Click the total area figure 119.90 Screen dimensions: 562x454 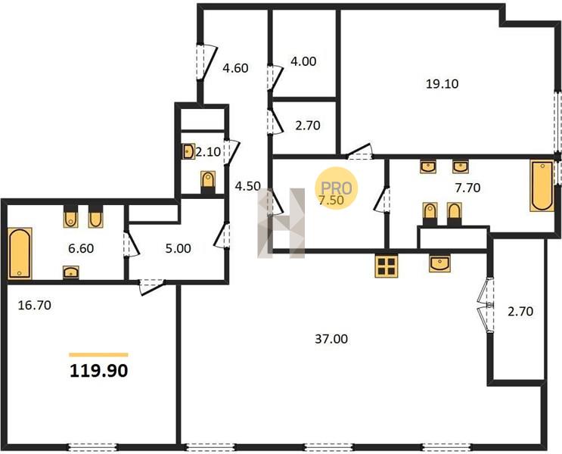point(98,371)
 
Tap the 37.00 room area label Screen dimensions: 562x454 point(331,339)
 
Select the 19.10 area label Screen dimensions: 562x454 point(442,84)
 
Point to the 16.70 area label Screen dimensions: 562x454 point(34,305)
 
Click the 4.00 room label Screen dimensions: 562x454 point(303,61)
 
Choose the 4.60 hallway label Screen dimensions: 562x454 point(235,68)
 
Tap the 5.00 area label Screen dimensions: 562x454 point(179,248)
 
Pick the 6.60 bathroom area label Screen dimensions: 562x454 point(81,248)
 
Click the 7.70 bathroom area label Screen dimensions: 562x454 point(467,188)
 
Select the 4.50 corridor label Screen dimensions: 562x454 point(247,186)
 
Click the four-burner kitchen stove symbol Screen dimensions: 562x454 point(387,266)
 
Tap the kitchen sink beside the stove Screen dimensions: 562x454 point(439,263)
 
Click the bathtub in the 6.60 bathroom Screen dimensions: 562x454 point(20,253)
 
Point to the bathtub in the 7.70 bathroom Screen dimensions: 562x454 point(542,185)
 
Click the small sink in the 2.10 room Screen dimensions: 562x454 point(188,151)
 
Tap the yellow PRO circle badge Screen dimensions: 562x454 point(336,188)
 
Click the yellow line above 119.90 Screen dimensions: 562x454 point(98,355)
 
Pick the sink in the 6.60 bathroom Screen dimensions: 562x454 point(71,272)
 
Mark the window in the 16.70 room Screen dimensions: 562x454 point(92,447)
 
